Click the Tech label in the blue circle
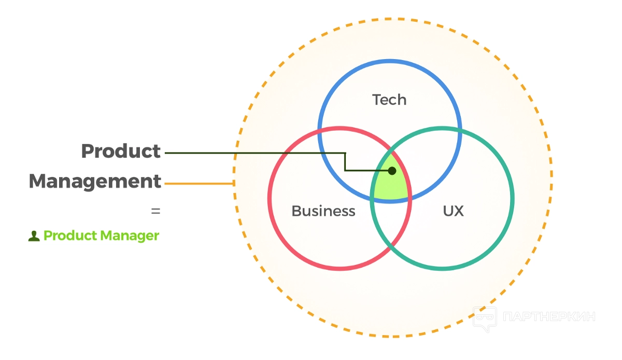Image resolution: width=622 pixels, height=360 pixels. pyautogui.click(x=389, y=100)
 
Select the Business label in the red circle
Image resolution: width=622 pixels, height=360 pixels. pyautogui.click(x=323, y=211)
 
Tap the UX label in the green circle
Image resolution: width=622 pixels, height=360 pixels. pyautogui.click(x=453, y=211)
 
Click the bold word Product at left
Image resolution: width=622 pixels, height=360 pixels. pyautogui.click(x=121, y=151)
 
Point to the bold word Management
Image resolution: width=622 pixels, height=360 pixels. pyautogui.click(x=95, y=182)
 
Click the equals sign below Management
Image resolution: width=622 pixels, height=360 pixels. pyautogui.click(x=155, y=212)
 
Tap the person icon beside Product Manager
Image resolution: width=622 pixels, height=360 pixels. pyautogui.click(x=34, y=236)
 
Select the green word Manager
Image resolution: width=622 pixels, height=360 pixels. pyautogui.click(x=130, y=236)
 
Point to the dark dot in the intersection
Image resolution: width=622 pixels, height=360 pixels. pyautogui.click(x=392, y=170)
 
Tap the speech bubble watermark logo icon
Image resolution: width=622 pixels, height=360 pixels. pyautogui.click(x=484, y=319)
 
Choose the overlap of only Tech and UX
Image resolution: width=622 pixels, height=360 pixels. pyautogui.click(x=433, y=156)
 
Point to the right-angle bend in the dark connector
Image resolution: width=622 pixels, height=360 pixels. pyautogui.click(x=345, y=154)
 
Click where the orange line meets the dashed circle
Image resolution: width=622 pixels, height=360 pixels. pyautogui.click(x=234, y=183)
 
